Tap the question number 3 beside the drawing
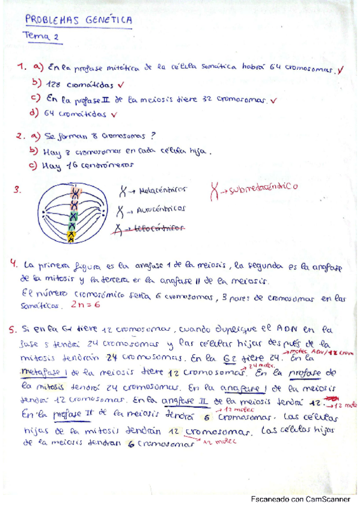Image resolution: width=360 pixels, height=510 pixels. click(17, 191)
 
